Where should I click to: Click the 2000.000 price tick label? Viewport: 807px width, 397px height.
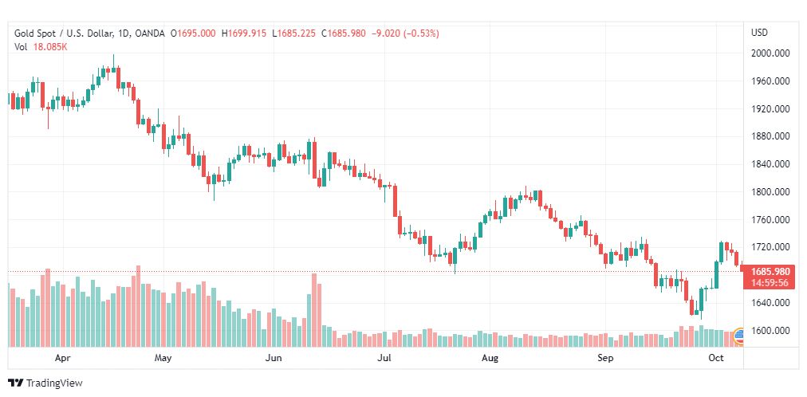click(770, 53)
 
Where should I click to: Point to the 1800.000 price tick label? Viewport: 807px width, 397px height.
click(770, 192)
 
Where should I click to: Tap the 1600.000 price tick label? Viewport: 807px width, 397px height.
click(770, 331)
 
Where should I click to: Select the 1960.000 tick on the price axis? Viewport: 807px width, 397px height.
click(770, 81)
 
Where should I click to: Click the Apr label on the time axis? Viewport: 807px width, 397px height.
click(63, 358)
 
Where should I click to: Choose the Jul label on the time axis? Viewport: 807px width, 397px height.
click(384, 358)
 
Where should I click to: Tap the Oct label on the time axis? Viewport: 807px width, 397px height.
click(715, 358)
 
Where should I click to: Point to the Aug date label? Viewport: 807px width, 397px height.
click(490, 358)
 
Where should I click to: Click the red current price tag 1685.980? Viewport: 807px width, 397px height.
click(770, 271)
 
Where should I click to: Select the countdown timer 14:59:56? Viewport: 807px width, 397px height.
click(770, 282)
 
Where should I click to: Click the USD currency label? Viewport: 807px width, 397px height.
click(759, 33)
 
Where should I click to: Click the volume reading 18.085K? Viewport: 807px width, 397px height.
click(50, 46)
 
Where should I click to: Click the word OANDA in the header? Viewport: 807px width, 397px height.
click(150, 33)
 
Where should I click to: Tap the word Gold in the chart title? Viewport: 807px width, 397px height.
click(25, 33)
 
